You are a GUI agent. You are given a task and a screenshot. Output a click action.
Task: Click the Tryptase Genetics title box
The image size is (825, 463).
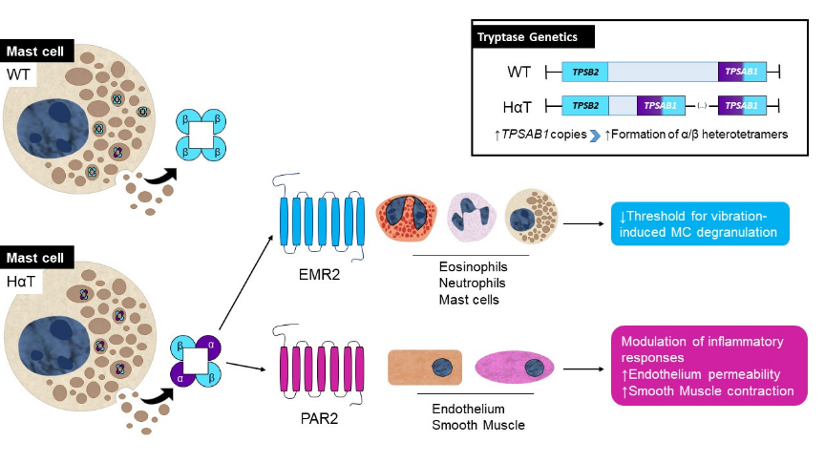point(534,37)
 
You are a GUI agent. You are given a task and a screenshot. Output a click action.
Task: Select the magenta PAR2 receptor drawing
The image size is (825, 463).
point(320,367)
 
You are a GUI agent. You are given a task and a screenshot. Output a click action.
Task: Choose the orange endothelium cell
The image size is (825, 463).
point(424,368)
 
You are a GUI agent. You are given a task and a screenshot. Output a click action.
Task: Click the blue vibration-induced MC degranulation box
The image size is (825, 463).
point(701,223)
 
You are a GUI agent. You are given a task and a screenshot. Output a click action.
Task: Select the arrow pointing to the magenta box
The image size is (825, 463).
point(584,368)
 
